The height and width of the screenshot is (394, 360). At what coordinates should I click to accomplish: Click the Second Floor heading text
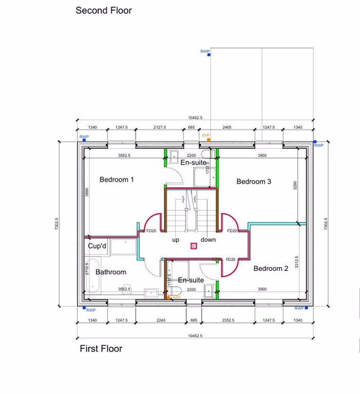point(104,10)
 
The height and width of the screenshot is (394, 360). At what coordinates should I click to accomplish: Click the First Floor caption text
point(101,349)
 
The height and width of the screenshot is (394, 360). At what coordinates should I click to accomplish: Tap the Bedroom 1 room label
point(117,180)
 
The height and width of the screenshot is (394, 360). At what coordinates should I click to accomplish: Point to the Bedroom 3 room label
point(253,182)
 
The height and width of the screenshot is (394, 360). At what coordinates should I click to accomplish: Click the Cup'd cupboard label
point(98,246)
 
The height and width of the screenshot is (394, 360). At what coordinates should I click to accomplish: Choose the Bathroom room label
point(110,272)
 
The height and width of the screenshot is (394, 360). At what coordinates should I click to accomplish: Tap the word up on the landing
point(175,240)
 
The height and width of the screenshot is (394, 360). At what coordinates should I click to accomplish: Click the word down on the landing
point(208,240)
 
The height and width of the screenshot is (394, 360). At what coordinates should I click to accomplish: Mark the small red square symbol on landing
point(193,246)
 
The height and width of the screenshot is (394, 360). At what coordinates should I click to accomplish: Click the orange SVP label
point(206,135)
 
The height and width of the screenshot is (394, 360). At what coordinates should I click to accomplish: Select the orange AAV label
point(177,297)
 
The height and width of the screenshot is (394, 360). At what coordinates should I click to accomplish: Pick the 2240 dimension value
point(161,320)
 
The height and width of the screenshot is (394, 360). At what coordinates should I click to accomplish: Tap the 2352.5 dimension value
point(228,320)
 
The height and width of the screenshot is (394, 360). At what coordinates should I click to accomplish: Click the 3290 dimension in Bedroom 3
point(295,185)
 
